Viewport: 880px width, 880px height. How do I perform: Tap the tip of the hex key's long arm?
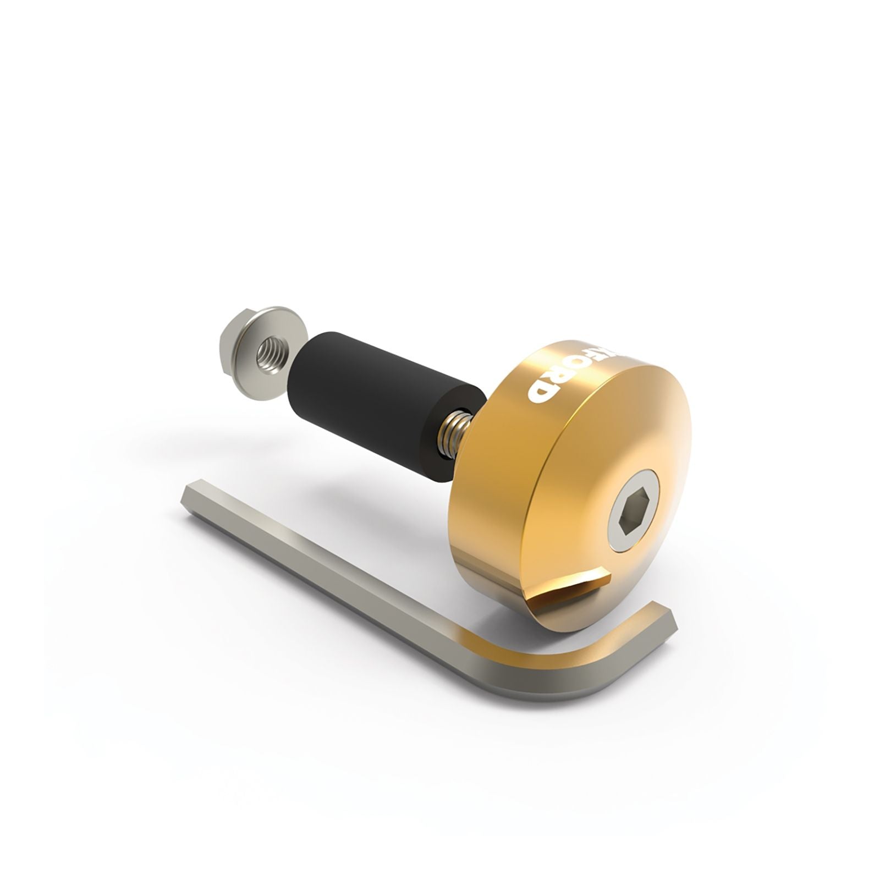tap(193, 491)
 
